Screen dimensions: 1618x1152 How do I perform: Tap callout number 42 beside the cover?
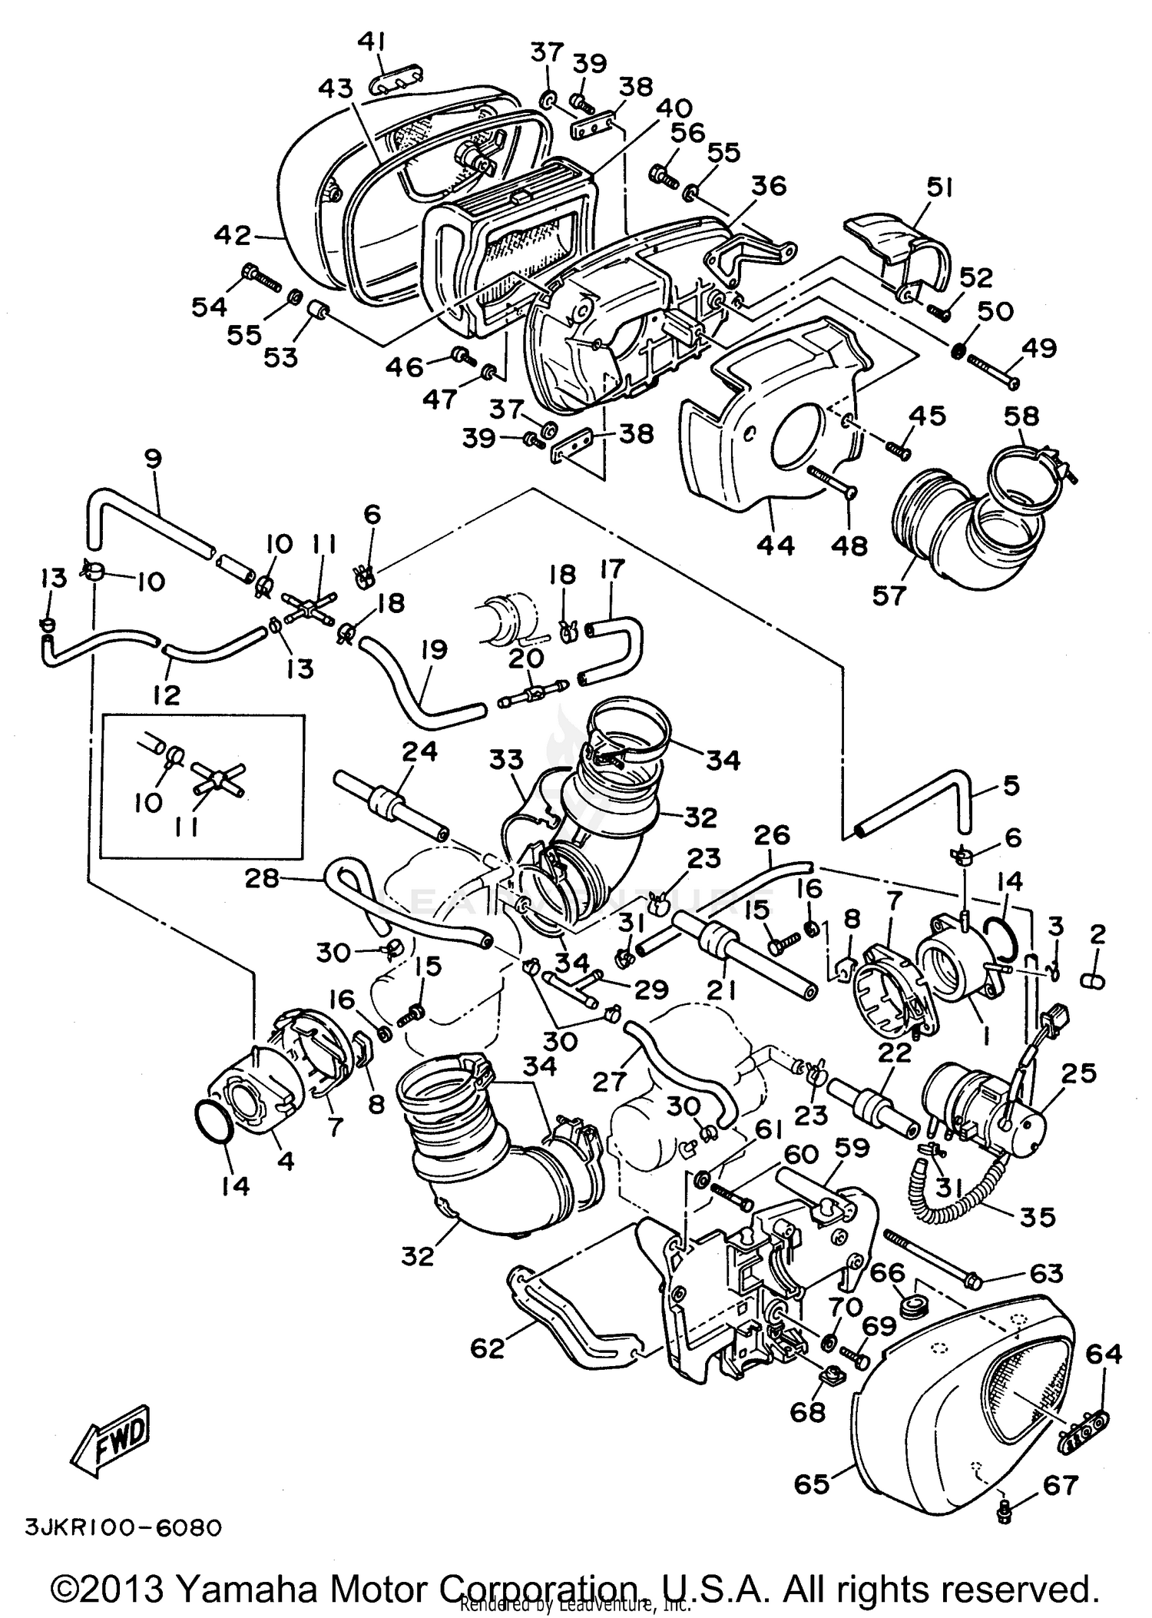coord(233,236)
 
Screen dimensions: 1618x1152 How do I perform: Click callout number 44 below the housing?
coord(776,545)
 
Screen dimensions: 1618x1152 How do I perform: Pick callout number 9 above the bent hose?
coord(153,459)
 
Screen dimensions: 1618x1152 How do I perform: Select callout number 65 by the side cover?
coord(812,1484)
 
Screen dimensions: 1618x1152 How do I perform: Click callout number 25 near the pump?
coord(1078,1073)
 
